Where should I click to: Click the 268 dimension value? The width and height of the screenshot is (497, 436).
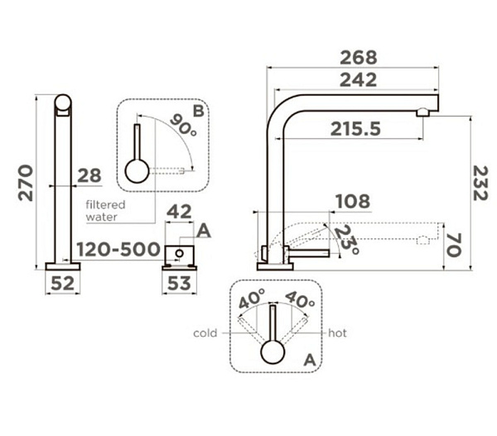pyautogui.click(x=359, y=58)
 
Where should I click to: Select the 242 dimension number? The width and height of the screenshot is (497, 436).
pyautogui.click(x=359, y=80)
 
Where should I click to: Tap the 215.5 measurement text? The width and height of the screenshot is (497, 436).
pyautogui.click(x=355, y=129)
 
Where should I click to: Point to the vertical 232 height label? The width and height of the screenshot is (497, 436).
pyautogui.click(x=480, y=184)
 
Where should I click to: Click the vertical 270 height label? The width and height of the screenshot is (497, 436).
pyautogui.click(x=26, y=183)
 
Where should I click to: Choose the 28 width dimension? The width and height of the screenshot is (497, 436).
pyautogui.click(x=89, y=175)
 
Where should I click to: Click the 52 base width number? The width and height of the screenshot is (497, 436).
pyautogui.click(x=62, y=283)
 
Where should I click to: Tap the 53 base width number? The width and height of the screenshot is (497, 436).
pyautogui.click(x=179, y=283)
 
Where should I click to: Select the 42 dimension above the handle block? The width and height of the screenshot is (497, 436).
pyautogui.click(x=179, y=212)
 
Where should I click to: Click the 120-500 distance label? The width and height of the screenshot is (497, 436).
pyautogui.click(x=118, y=249)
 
